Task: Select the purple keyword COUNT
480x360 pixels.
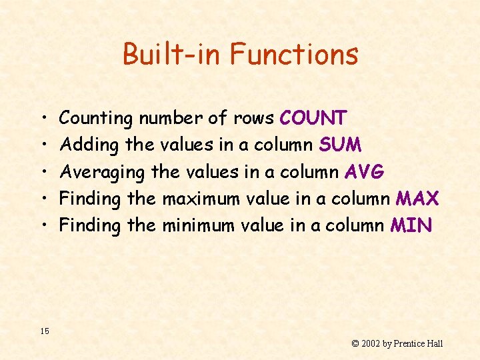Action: (313, 118)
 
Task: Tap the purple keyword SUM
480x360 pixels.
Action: (340, 145)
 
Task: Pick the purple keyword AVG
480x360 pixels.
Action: (364, 171)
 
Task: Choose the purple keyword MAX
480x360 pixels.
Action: (417, 198)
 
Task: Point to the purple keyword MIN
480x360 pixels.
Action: (411, 225)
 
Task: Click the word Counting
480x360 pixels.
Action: (96, 119)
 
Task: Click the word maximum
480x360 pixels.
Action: (201, 198)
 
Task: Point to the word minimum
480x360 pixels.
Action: (199, 225)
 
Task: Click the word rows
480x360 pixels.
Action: (253, 119)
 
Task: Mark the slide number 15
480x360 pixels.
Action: (44, 331)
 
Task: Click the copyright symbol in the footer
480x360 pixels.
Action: (355, 343)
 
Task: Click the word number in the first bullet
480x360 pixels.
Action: (170, 118)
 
